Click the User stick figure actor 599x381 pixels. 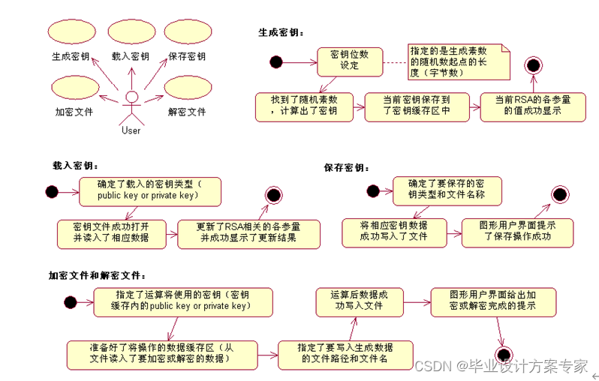tap(131, 106)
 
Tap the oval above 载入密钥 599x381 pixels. tap(130, 32)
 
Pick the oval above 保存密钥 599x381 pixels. tap(187, 33)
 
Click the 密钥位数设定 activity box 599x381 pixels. tap(350, 60)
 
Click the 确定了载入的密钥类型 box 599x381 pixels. tap(150, 190)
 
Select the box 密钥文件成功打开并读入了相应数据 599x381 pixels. tap(111, 232)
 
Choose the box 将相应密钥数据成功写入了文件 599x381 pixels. tap(393, 232)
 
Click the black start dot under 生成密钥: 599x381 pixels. tap(276, 61)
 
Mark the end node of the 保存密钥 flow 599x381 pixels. tap(561, 196)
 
